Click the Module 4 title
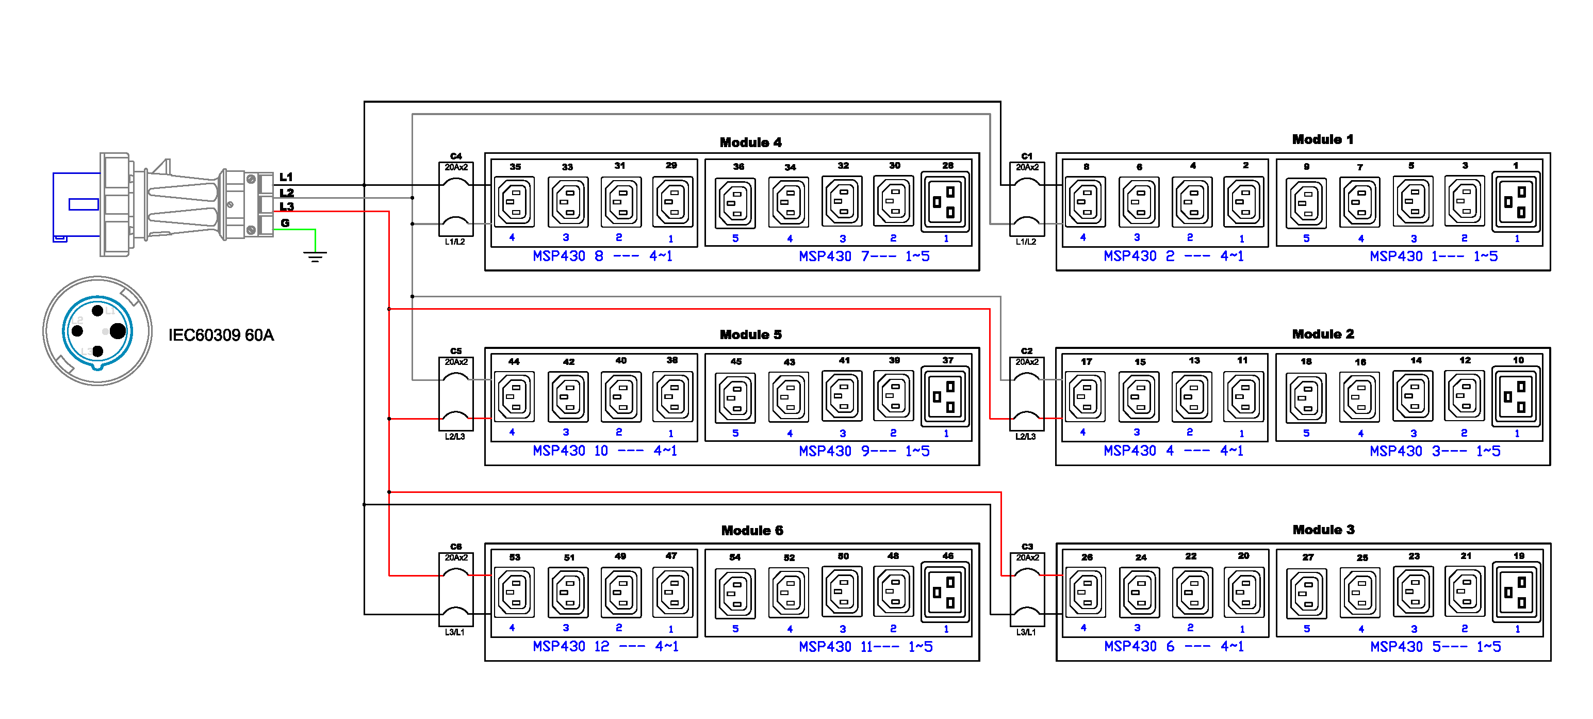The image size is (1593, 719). pos(750,143)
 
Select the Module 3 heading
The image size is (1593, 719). pos(1323,530)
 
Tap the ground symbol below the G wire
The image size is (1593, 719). pos(316,255)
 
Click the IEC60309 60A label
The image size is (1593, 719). pos(221,335)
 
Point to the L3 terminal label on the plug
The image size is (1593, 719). pos(286,206)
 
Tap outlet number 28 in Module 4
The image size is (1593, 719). pos(945,202)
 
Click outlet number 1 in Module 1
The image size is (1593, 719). pos(1516,202)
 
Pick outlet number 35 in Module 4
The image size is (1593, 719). pos(515,202)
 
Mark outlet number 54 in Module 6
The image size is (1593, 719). pos(735,593)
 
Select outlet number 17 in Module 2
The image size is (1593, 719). pos(1086,396)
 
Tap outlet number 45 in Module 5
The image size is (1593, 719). pos(735,396)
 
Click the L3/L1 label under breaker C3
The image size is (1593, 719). pos(1026,632)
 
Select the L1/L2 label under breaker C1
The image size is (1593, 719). pos(1026,242)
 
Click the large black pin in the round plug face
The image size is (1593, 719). pos(118,331)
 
